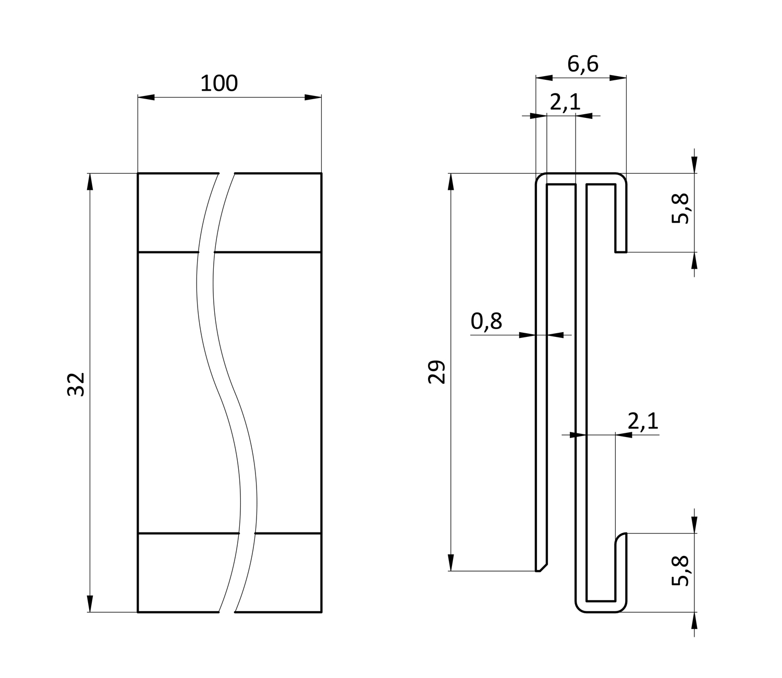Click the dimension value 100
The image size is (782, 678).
click(219, 83)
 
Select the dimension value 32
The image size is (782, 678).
click(76, 384)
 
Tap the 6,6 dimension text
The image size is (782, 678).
click(583, 64)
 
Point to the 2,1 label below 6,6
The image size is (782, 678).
click(565, 102)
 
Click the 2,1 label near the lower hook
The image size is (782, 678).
click(643, 421)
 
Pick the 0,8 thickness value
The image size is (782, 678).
click(486, 321)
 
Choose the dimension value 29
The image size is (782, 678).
click(436, 372)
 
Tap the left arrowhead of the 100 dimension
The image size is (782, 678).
click(146, 98)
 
